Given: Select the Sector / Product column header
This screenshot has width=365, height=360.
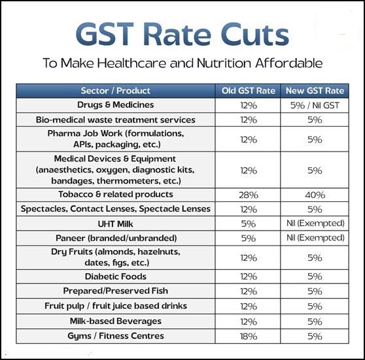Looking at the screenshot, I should coord(116,91).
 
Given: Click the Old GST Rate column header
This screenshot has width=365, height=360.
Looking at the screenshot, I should coord(247,91).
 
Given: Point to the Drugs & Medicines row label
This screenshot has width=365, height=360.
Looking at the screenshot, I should coord(116,105).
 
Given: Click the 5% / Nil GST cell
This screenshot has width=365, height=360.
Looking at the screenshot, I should coord(314,105).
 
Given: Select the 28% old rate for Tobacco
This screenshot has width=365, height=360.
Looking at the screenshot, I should coord(247,195).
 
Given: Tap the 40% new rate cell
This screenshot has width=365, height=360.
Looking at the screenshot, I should coord(314,195).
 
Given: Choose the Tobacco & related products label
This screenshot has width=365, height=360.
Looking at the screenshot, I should coord(116,195).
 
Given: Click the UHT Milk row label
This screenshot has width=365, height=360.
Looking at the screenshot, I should coord(116,223).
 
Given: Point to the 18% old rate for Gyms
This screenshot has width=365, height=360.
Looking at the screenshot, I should coord(247,336).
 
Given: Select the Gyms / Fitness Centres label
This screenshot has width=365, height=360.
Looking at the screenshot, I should coord(116,336).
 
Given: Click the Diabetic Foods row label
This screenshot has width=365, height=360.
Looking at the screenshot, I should coord(116,276).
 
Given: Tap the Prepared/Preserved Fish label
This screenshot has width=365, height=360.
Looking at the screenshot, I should coord(116,291).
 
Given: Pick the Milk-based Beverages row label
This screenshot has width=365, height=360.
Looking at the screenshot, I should coord(116,321).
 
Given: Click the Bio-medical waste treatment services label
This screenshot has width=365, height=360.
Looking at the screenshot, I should coord(116,120).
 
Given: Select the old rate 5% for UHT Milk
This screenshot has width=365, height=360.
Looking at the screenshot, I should coord(247,223).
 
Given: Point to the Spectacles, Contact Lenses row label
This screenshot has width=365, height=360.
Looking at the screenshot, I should coord(116,209).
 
